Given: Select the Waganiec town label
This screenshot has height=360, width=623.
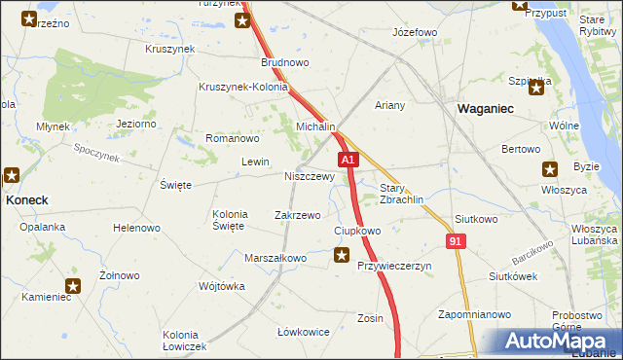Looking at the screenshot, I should pyautogui.click(x=486, y=110).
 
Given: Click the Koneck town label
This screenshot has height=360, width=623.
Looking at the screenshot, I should pyautogui.click(x=27, y=198).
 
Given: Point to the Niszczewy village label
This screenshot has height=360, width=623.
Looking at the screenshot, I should pyautogui.click(x=310, y=177).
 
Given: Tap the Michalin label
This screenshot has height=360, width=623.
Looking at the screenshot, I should pyautogui.click(x=315, y=127).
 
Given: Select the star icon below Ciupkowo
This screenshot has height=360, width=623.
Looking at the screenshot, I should pyautogui.click(x=342, y=256).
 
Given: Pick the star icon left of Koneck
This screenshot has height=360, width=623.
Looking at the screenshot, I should pyautogui.click(x=12, y=176).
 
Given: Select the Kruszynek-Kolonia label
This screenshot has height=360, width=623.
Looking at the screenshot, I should pyautogui.click(x=243, y=87).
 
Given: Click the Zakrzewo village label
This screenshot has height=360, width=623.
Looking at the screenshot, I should pyautogui.click(x=298, y=215).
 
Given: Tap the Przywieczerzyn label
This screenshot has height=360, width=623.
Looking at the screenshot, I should pyautogui.click(x=393, y=266).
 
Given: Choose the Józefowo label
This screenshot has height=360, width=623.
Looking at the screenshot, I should pyautogui.click(x=414, y=32).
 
